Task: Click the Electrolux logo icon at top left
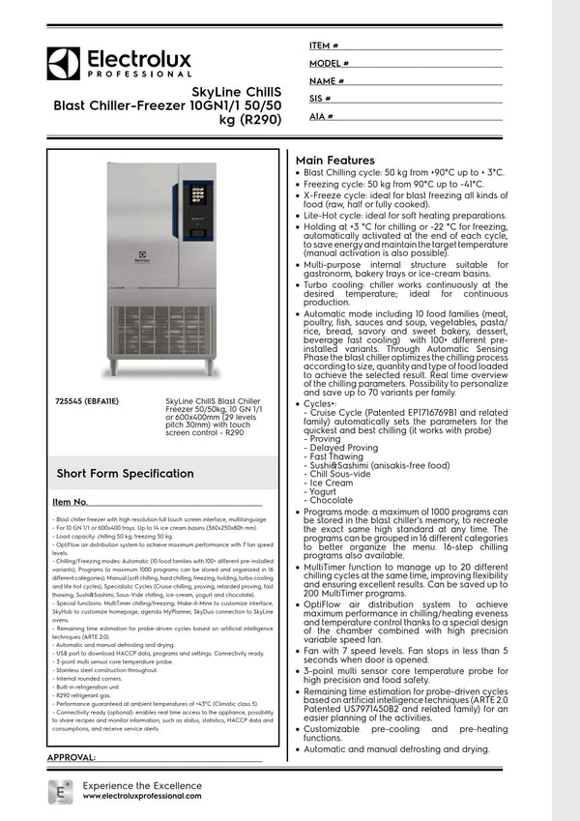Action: click(x=64, y=63)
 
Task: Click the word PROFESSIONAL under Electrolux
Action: click(x=139, y=74)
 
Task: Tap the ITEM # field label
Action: click(x=324, y=45)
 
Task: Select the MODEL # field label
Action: click(x=329, y=63)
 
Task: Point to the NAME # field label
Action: click(x=327, y=81)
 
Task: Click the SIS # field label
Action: click(x=320, y=99)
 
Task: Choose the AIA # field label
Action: click(x=321, y=116)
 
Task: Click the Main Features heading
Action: click(x=334, y=161)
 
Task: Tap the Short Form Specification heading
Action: click(x=125, y=473)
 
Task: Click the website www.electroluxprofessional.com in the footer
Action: click(x=142, y=795)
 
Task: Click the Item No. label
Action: click(x=70, y=503)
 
